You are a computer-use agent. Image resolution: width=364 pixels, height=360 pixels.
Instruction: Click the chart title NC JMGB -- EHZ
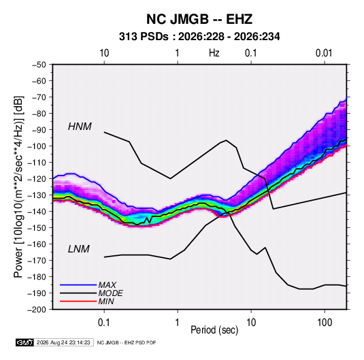click(x=199, y=19)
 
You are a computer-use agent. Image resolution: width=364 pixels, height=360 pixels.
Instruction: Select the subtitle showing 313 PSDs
click(x=199, y=37)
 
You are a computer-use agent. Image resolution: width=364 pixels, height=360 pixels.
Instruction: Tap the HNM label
click(x=80, y=127)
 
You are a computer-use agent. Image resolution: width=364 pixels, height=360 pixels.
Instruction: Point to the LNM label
click(x=79, y=249)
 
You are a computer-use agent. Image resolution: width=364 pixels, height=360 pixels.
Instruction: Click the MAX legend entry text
click(x=107, y=284)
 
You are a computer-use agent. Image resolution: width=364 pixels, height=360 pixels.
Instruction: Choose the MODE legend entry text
click(x=110, y=293)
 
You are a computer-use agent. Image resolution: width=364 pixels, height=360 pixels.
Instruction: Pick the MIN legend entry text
click(x=106, y=301)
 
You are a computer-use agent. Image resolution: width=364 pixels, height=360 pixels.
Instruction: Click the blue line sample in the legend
click(x=78, y=285)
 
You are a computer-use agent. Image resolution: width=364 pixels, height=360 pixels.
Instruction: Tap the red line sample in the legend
click(x=78, y=301)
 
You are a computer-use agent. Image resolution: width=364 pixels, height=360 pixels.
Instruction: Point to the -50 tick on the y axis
click(x=39, y=65)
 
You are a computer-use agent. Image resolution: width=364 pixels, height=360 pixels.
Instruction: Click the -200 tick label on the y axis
click(x=37, y=310)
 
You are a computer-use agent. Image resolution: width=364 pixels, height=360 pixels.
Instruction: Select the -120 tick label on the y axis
click(x=37, y=179)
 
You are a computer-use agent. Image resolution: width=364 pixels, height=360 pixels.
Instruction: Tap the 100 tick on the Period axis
click(x=325, y=323)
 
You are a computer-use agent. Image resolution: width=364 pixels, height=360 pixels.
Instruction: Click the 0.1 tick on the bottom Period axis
click(x=104, y=323)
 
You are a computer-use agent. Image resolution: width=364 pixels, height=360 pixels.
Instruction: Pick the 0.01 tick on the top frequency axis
click(x=324, y=53)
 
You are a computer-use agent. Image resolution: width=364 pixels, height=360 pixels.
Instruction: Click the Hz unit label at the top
click(x=214, y=53)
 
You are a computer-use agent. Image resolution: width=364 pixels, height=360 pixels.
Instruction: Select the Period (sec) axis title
click(x=214, y=330)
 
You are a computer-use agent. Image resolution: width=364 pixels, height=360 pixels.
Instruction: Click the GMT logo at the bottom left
click(x=25, y=342)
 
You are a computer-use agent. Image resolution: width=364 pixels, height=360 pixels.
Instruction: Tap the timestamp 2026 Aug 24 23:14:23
click(x=63, y=342)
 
